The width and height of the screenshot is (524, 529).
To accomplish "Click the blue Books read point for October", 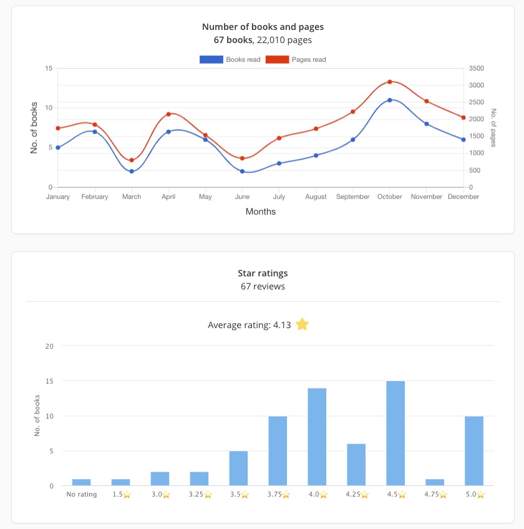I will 390,100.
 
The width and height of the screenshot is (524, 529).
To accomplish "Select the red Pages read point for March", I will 132,160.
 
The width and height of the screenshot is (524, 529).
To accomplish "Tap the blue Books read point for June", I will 242,171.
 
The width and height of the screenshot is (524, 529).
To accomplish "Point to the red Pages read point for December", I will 463,117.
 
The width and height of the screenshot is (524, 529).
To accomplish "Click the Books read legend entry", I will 230,59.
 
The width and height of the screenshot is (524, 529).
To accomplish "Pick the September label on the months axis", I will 353,197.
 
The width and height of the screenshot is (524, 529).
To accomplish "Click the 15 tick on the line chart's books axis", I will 49,68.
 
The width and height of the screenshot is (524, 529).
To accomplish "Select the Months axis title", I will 261,211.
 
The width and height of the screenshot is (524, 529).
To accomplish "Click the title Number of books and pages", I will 263,27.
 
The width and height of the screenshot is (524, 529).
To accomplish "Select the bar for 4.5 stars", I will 395,433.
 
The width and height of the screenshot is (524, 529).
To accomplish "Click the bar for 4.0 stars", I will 317,437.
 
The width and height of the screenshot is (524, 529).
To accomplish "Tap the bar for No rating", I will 81,482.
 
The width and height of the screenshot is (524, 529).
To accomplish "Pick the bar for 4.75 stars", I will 435,482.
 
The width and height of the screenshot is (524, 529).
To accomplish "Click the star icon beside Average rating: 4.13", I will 302,324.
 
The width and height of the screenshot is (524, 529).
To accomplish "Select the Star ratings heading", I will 263,273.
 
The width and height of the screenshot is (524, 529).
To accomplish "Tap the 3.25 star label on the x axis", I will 199,495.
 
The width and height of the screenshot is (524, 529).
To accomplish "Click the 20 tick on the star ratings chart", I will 50,346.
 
